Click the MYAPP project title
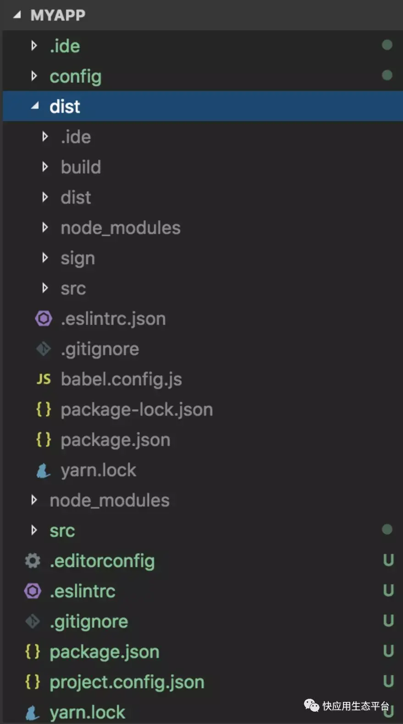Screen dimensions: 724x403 point(58,15)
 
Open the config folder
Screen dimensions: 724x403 point(75,76)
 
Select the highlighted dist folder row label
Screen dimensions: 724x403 point(65,106)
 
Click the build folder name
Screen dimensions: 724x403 point(81,167)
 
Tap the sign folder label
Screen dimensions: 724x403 point(77,258)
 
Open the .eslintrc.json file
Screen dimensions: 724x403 point(113,319)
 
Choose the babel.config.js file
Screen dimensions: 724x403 point(121,379)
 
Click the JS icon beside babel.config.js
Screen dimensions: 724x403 point(44,379)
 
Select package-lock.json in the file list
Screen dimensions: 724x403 point(137,410)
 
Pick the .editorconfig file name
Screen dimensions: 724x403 point(102,561)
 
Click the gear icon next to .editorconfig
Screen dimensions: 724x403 point(33,561)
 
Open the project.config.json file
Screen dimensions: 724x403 point(127,682)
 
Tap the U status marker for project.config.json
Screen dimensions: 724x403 point(388,681)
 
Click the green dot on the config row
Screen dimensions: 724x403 point(387,75)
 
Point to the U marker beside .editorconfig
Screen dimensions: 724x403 point(388,560)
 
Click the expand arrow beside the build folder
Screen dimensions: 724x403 point(45,167)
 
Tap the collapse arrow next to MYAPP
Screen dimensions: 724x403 point(17,15)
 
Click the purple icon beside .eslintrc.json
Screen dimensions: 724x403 point(44,318)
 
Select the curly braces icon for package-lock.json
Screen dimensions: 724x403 point(44,409)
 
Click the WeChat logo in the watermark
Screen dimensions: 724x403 point(312,705)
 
